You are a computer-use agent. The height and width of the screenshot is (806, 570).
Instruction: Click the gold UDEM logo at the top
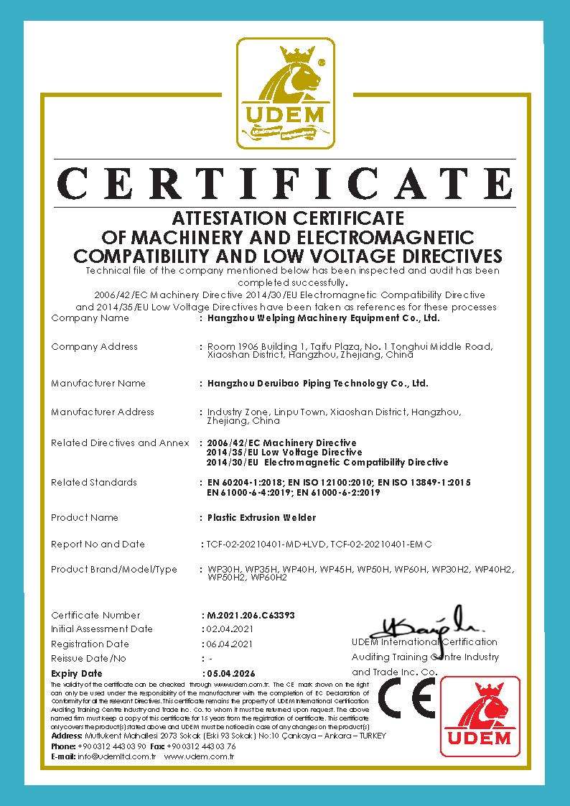[286, 93]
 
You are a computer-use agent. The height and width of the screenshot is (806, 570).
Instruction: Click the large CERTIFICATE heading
[285, 183]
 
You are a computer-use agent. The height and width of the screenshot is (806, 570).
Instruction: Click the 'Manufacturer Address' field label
[103, 412]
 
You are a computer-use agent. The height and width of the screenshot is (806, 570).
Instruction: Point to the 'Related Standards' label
[94, 483]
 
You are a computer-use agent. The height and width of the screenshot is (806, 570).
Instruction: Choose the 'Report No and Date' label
[98, 545]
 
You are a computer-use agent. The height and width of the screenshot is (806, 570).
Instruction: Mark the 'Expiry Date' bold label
[77, 674]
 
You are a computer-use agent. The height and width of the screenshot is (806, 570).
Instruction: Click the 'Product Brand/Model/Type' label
[114, 570]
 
